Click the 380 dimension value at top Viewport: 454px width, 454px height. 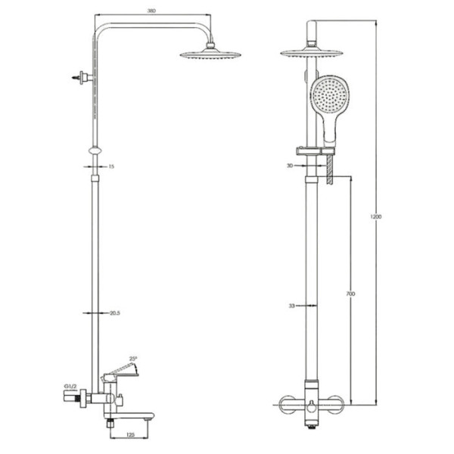(x=151, y=11)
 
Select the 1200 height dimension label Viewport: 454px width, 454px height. (x=376, y=216)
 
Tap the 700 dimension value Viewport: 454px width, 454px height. (x=350, y=294)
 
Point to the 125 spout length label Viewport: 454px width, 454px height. (x=131, y=435)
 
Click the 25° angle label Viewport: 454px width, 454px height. (x=133, y=359)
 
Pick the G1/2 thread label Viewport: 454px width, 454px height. (x=70, y=387)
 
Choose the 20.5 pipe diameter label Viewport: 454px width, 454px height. (x=115, y=313)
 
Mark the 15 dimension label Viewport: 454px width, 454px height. (x=111, y=166)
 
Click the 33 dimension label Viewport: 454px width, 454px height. (x=291, y=306)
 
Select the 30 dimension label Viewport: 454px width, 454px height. (x=290, y=166)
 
